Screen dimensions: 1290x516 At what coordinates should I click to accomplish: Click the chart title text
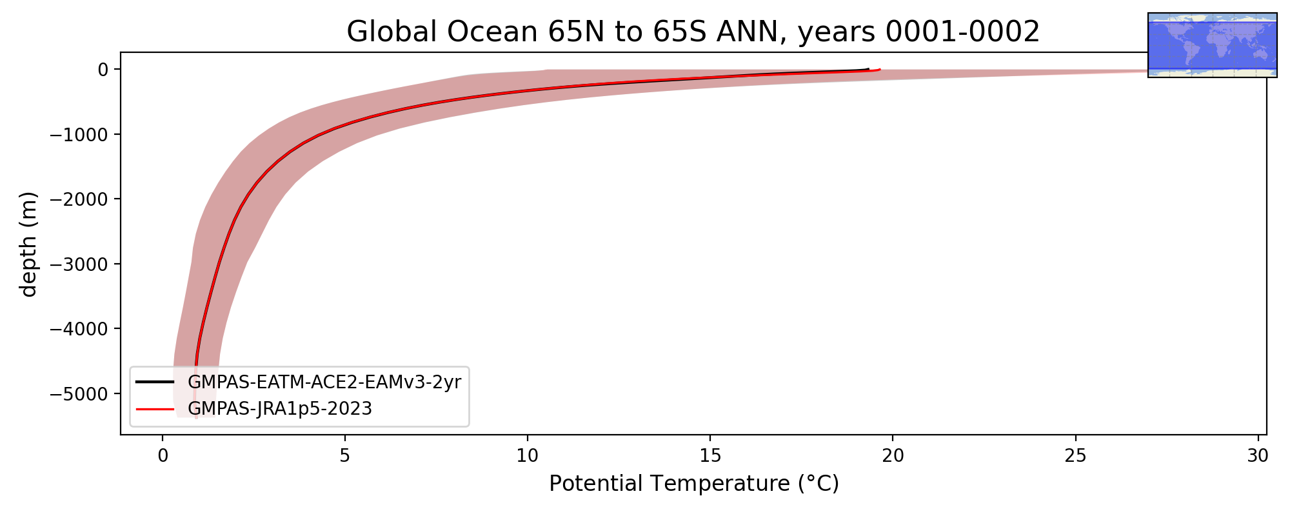693,32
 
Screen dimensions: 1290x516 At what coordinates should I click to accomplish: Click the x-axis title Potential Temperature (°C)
694,483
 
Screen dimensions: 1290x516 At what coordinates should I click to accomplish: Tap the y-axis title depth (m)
29,244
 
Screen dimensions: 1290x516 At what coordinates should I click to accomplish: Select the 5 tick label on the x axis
345,456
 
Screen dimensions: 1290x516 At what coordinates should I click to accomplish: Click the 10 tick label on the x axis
528,456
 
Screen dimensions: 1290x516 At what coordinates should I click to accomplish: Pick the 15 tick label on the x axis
710,456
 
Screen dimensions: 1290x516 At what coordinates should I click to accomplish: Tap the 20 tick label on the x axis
893,456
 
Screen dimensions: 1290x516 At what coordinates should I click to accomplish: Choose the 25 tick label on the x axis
1075,456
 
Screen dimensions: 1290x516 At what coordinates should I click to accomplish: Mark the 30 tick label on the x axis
1258,456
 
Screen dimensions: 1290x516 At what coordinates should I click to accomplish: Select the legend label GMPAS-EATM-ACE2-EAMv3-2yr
324,382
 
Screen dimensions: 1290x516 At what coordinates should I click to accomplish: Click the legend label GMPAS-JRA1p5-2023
280,409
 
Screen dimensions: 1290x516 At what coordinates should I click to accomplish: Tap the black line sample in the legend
155,382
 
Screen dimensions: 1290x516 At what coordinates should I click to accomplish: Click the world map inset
1213,45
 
